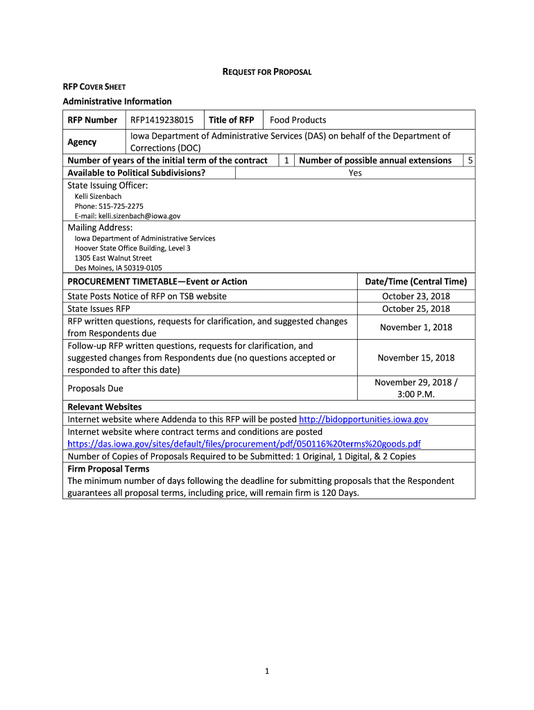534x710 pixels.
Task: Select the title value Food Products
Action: [x=298, y=120]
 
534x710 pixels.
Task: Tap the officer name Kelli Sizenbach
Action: [x=98, y=196]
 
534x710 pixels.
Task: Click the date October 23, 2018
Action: [x=415, y=296]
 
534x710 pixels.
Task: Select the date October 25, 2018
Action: [x=415, y=309]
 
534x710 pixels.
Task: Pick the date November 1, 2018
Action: [x=415, y=327]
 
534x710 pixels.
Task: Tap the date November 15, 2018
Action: [x=415, y=358]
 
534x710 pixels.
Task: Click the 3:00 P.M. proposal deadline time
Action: [x=415, y=394]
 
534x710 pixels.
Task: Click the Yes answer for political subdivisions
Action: [x=355, y=173]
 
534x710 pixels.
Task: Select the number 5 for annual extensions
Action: [x=470, y=160]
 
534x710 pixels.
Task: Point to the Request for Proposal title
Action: [x=266, y=71]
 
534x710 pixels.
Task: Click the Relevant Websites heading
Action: [x=104, y=407]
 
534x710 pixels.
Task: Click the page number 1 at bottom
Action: [x=266, y=670]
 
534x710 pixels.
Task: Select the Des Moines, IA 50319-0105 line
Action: [x=118, y=268]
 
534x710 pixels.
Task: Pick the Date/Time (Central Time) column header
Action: [x=415, y=282]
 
